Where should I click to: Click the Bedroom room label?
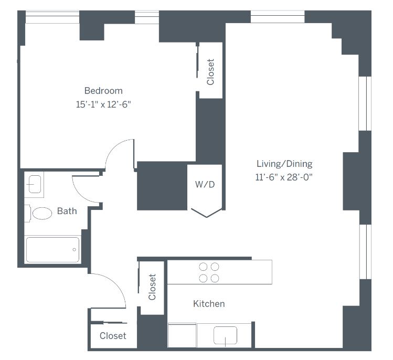pyautogui.click(x=103, y=91)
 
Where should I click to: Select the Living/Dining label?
pyautogui.click(x=284, y=164)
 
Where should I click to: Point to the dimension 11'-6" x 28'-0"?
pyautogui.click(x=284, y=177)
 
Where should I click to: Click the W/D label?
pyautogui.click(x=205, y=185)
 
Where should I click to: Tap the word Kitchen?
pyautogui.click(x=209, y=304)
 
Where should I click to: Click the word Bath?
pyautogui.click(x=67, y=211)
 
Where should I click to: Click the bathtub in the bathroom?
pyautogui.click(x=52, y=249)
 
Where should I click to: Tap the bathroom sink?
pyautogui.click(x=35, y=184)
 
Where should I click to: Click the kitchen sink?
pyautogui.click(x=225, y=335)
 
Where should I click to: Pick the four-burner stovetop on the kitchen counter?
pyautogui.click(x=209, y=272)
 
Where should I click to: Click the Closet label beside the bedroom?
pyautogui.click(x=210, y=71)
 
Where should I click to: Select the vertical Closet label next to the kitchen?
pyautogui.click(x=152, y=287)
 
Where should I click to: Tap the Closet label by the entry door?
pyautogui.click(x=113, y=336)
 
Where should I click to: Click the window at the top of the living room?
pyautogui.click(x=277, y=17)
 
